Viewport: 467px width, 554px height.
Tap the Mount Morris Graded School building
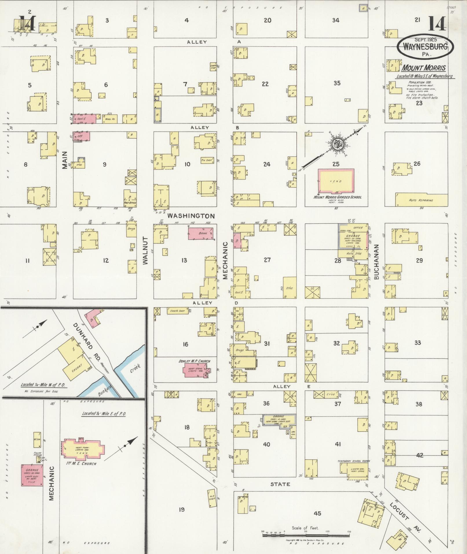point(336,181)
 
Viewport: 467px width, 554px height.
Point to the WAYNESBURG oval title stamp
point(425,46)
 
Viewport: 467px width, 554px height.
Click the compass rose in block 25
point(337,143)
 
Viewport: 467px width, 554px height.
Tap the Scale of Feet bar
point(306,535)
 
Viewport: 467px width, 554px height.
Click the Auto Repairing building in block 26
point(421,200)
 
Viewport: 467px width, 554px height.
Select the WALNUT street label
point(145,251)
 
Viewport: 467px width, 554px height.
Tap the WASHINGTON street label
point(191,216)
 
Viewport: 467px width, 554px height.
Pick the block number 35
point(337,83)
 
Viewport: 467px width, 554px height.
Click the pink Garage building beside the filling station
point(32,475)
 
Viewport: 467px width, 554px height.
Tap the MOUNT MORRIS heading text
point(424,68)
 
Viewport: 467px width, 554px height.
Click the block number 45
point(317,513)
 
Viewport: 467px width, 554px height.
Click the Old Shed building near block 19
point(212,498)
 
